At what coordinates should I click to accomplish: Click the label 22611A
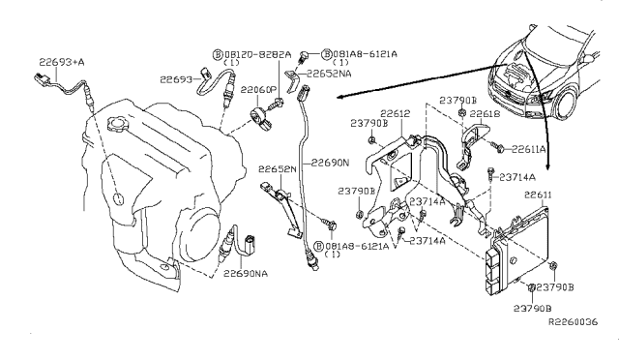(x=528, y=150)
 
